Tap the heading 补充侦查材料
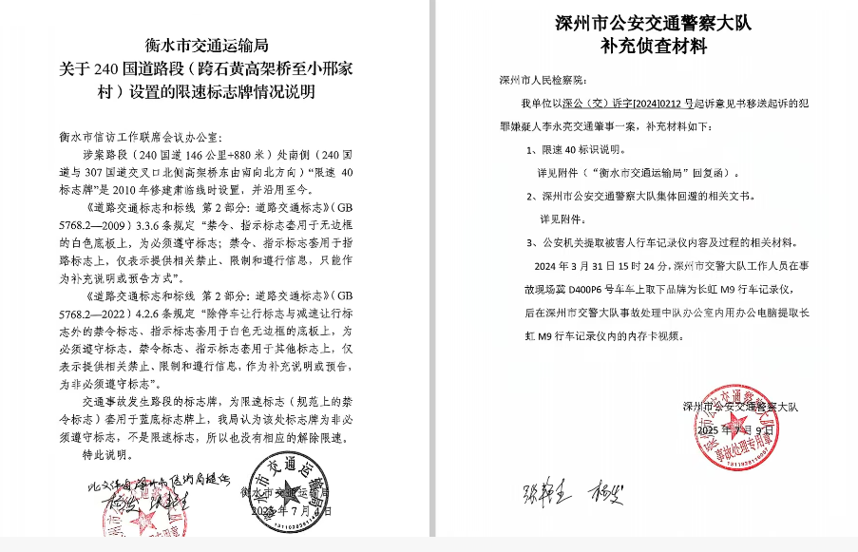pyautogui.click(x=653, y=45)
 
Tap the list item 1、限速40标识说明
pyautogui.click(x=582, y=150)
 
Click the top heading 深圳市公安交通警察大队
pyautogui.click(x=653, y=22)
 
